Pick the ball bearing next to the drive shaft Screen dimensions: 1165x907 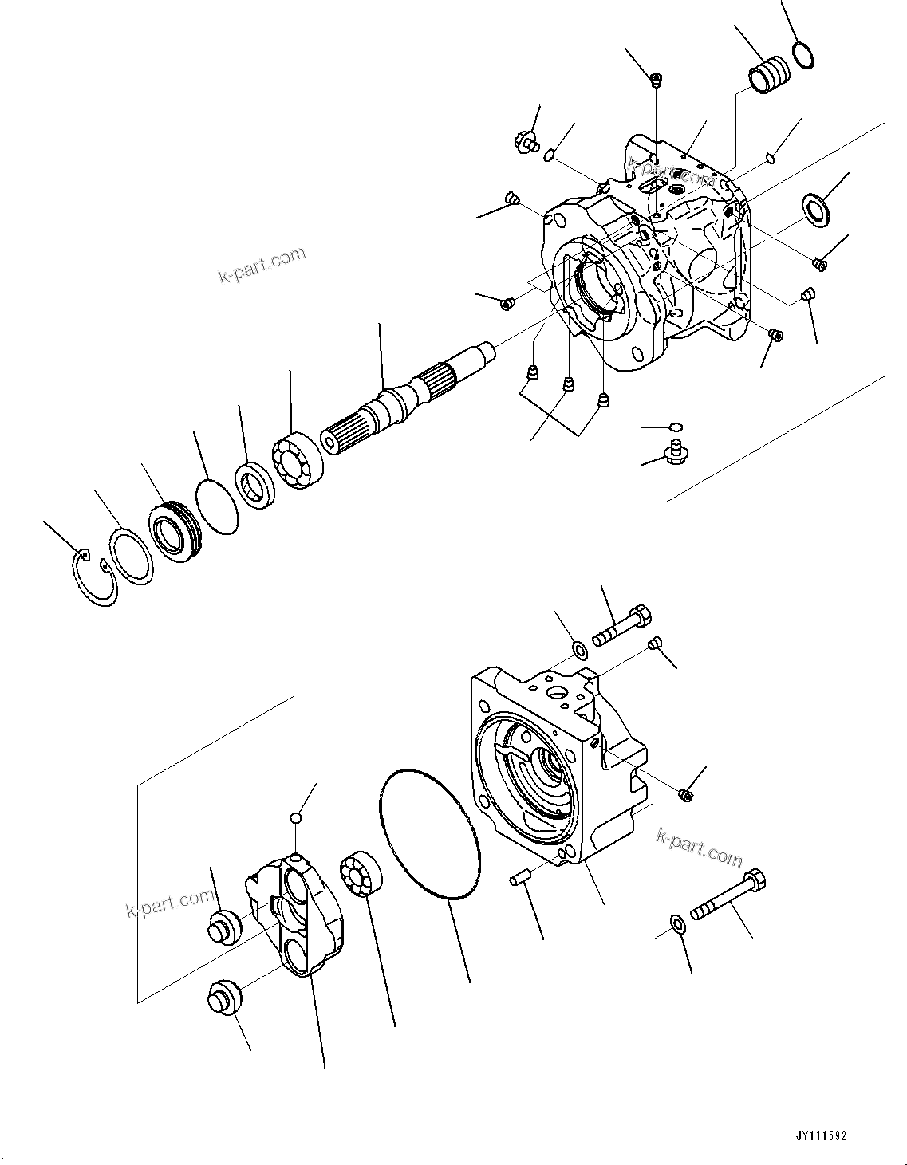297,462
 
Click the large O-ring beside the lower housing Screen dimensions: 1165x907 430,835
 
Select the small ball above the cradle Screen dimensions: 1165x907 295,817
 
